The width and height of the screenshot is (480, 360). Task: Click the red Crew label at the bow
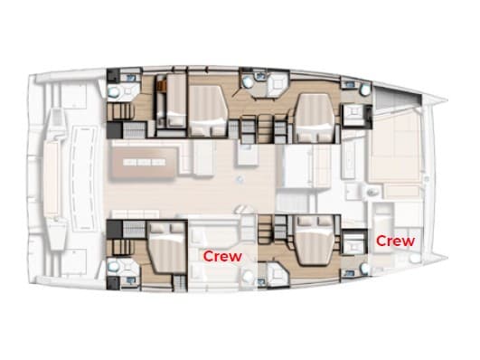[395, 241]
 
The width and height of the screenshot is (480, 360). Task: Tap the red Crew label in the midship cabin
[221, 256]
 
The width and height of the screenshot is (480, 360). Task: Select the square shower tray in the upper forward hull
[353, 114]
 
